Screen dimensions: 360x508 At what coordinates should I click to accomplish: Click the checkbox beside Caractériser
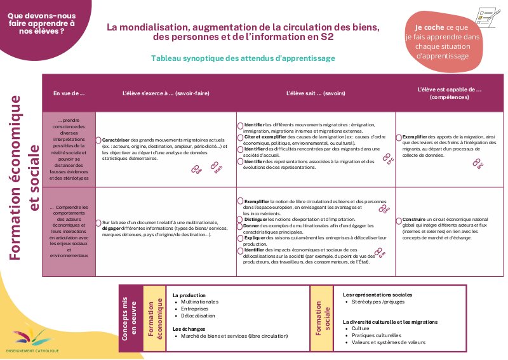(98, 139)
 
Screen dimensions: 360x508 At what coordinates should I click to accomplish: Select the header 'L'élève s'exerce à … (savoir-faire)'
(166, 93)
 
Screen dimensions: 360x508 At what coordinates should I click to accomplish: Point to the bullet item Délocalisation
(199, 316)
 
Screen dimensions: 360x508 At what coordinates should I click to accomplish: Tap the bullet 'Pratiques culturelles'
(377, 335)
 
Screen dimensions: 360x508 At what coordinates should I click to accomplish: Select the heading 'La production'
(189, 295)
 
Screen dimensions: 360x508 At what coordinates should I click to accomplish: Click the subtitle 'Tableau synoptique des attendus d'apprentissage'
(243, 58)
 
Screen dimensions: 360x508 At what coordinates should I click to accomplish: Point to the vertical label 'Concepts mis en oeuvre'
(130, 318)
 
